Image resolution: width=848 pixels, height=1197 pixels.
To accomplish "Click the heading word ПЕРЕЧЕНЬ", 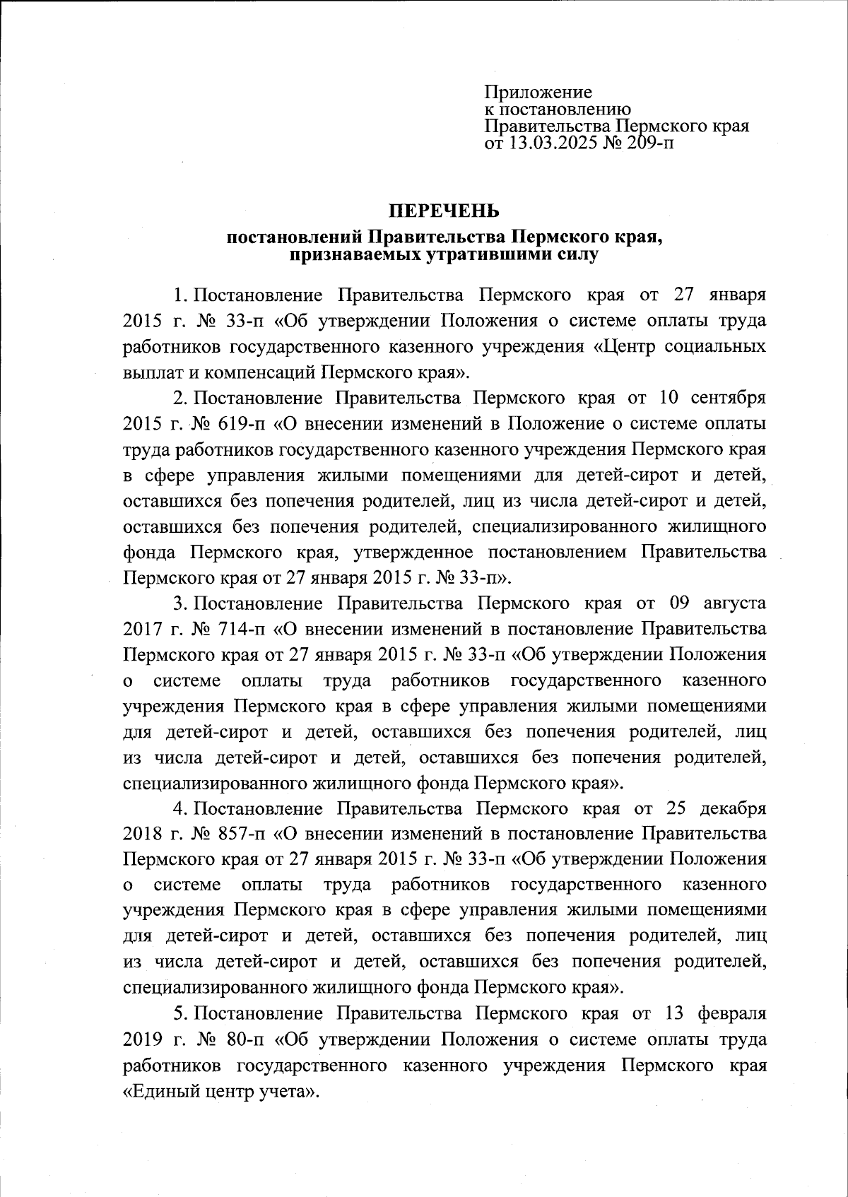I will pyautogui.click(x=444, y=211).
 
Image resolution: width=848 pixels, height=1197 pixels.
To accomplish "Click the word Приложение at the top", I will pyautogui.click(x=538, y=93).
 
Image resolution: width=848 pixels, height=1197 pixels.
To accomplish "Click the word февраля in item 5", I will pyautogui.click(x=730, y=1013).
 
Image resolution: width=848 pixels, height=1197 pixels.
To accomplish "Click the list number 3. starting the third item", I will pyautogui.click(x=179, y=603).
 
